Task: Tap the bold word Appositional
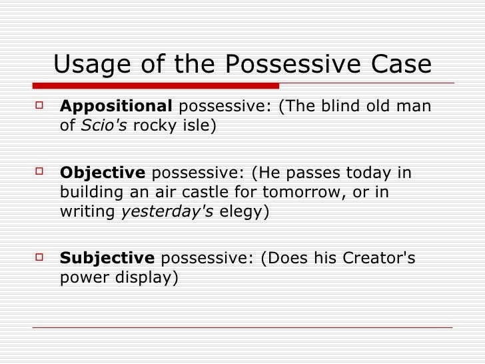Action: tap(116, 107)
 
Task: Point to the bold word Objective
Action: tap(103, 173)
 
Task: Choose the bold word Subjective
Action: tap(107, 258)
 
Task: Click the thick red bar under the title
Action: tap(155, 85)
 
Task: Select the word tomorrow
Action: tap(318, 193)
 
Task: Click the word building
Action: tap(87, 193)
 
